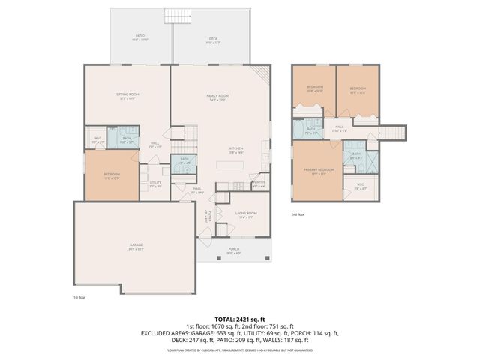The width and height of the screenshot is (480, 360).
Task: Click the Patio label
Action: click(x=139, y=37)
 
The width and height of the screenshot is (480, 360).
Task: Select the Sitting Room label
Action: click(x=127, y=95)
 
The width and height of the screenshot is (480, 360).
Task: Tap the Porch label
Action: click(x=234, y=250)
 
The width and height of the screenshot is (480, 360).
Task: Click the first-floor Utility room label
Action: click(x=155, y=184)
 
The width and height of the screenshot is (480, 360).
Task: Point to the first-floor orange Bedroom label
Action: click(x=111, y=175)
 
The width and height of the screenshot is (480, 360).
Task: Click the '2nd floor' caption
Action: click(x=298, y=214)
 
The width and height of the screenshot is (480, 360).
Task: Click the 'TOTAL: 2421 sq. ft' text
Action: click(x=239, y=319)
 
